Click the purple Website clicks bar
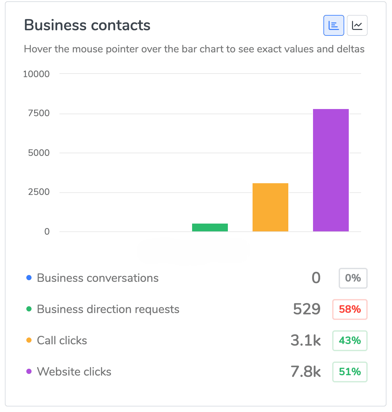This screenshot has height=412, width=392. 331,170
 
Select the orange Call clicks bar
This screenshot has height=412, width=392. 270,207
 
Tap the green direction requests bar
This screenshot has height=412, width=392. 210,227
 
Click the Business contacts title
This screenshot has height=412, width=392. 87,25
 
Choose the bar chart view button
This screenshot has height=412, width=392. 333,25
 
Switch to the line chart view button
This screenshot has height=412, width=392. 357,25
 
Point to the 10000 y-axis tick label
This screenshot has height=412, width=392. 36,74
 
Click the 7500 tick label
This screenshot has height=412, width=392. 39,113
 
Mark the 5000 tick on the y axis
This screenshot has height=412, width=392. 39,153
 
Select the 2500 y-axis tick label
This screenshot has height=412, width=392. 39,192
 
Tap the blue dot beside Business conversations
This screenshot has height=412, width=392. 29,278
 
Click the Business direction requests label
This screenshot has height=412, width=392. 108,309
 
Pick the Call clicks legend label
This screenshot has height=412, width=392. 62,340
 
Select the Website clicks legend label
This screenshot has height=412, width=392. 74,372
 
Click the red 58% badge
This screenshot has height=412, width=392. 350,309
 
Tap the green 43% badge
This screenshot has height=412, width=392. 350,340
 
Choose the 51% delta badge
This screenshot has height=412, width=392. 350,372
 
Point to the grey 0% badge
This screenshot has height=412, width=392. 353,278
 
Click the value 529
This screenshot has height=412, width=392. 307,309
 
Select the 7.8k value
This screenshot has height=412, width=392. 306,372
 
